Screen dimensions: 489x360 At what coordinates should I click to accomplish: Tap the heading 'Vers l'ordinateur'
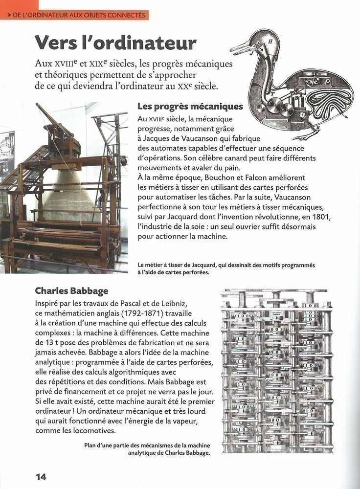click(115, 43)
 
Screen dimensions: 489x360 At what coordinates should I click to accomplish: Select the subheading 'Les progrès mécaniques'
click(190, 106)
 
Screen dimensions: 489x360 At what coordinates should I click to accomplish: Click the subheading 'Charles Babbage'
click(71, 291)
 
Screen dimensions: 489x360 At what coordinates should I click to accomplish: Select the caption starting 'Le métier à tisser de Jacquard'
click(226, 268)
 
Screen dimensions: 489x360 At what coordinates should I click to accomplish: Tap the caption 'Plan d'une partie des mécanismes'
click(147, 449)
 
